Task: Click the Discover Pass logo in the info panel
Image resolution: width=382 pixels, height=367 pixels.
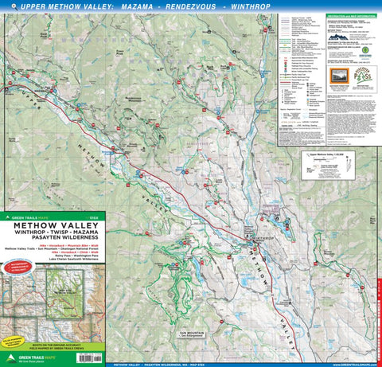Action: coord(365,49)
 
